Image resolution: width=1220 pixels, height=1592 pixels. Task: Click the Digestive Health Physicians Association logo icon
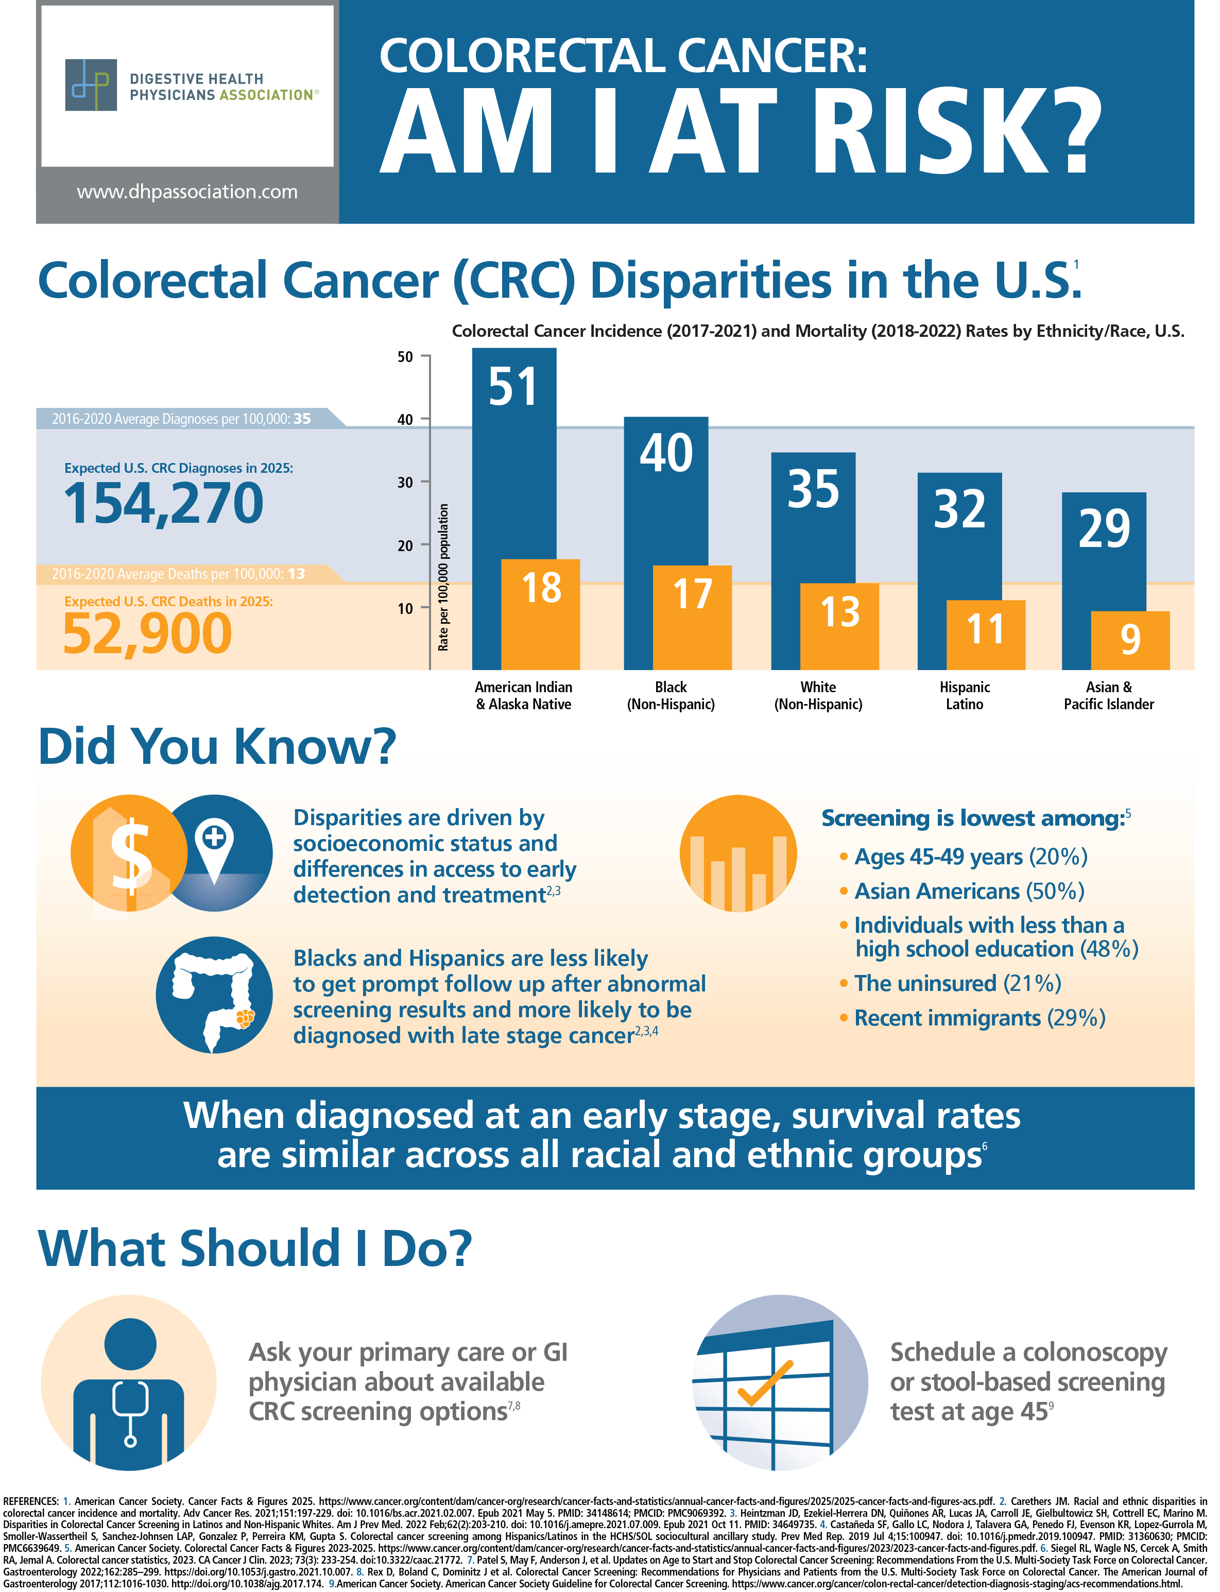(x=91, y=85)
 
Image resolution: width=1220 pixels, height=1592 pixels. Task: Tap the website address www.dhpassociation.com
(x=187, y=192)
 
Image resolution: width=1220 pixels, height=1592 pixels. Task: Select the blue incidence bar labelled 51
(x=513, y=450)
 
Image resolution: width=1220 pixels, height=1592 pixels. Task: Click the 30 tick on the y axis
(x=404, y=482)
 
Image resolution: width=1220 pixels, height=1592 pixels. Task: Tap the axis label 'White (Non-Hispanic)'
(x=818, y=695)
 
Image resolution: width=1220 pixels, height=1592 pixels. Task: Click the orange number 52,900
(x=147, y=634)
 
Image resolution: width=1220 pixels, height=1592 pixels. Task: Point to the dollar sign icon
(x=129, y=852)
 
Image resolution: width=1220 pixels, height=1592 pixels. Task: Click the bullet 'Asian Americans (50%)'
(x=968, y=891)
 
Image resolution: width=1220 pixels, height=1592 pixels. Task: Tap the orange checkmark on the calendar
(x=765, y=1383)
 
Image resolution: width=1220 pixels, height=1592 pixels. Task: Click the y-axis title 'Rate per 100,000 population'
(x=443, y=577)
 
